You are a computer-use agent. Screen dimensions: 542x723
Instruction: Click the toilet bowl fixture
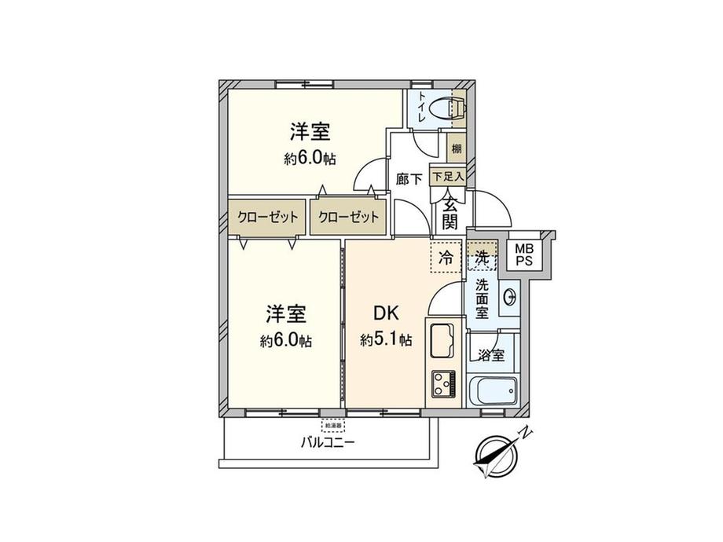point(452,107)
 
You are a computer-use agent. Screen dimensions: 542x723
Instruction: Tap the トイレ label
point(422,107)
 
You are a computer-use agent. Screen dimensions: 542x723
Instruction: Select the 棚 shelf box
point(457,148)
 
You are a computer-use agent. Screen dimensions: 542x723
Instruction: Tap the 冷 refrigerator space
point(446,256)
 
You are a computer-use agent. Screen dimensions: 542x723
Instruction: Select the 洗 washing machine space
point(482,256)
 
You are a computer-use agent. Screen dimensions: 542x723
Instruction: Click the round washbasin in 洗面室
point(508,296)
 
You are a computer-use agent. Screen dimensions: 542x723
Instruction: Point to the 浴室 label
point(491,355)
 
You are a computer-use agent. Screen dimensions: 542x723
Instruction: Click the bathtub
point(491,390)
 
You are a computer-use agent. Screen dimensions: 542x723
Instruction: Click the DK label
point(386,313)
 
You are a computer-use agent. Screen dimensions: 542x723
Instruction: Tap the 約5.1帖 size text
point(386,340)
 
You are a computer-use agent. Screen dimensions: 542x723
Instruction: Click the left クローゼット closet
point(268,217)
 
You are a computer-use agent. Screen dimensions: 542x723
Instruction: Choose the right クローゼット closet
point(348,217)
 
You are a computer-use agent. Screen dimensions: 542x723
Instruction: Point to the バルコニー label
point(328,442)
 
